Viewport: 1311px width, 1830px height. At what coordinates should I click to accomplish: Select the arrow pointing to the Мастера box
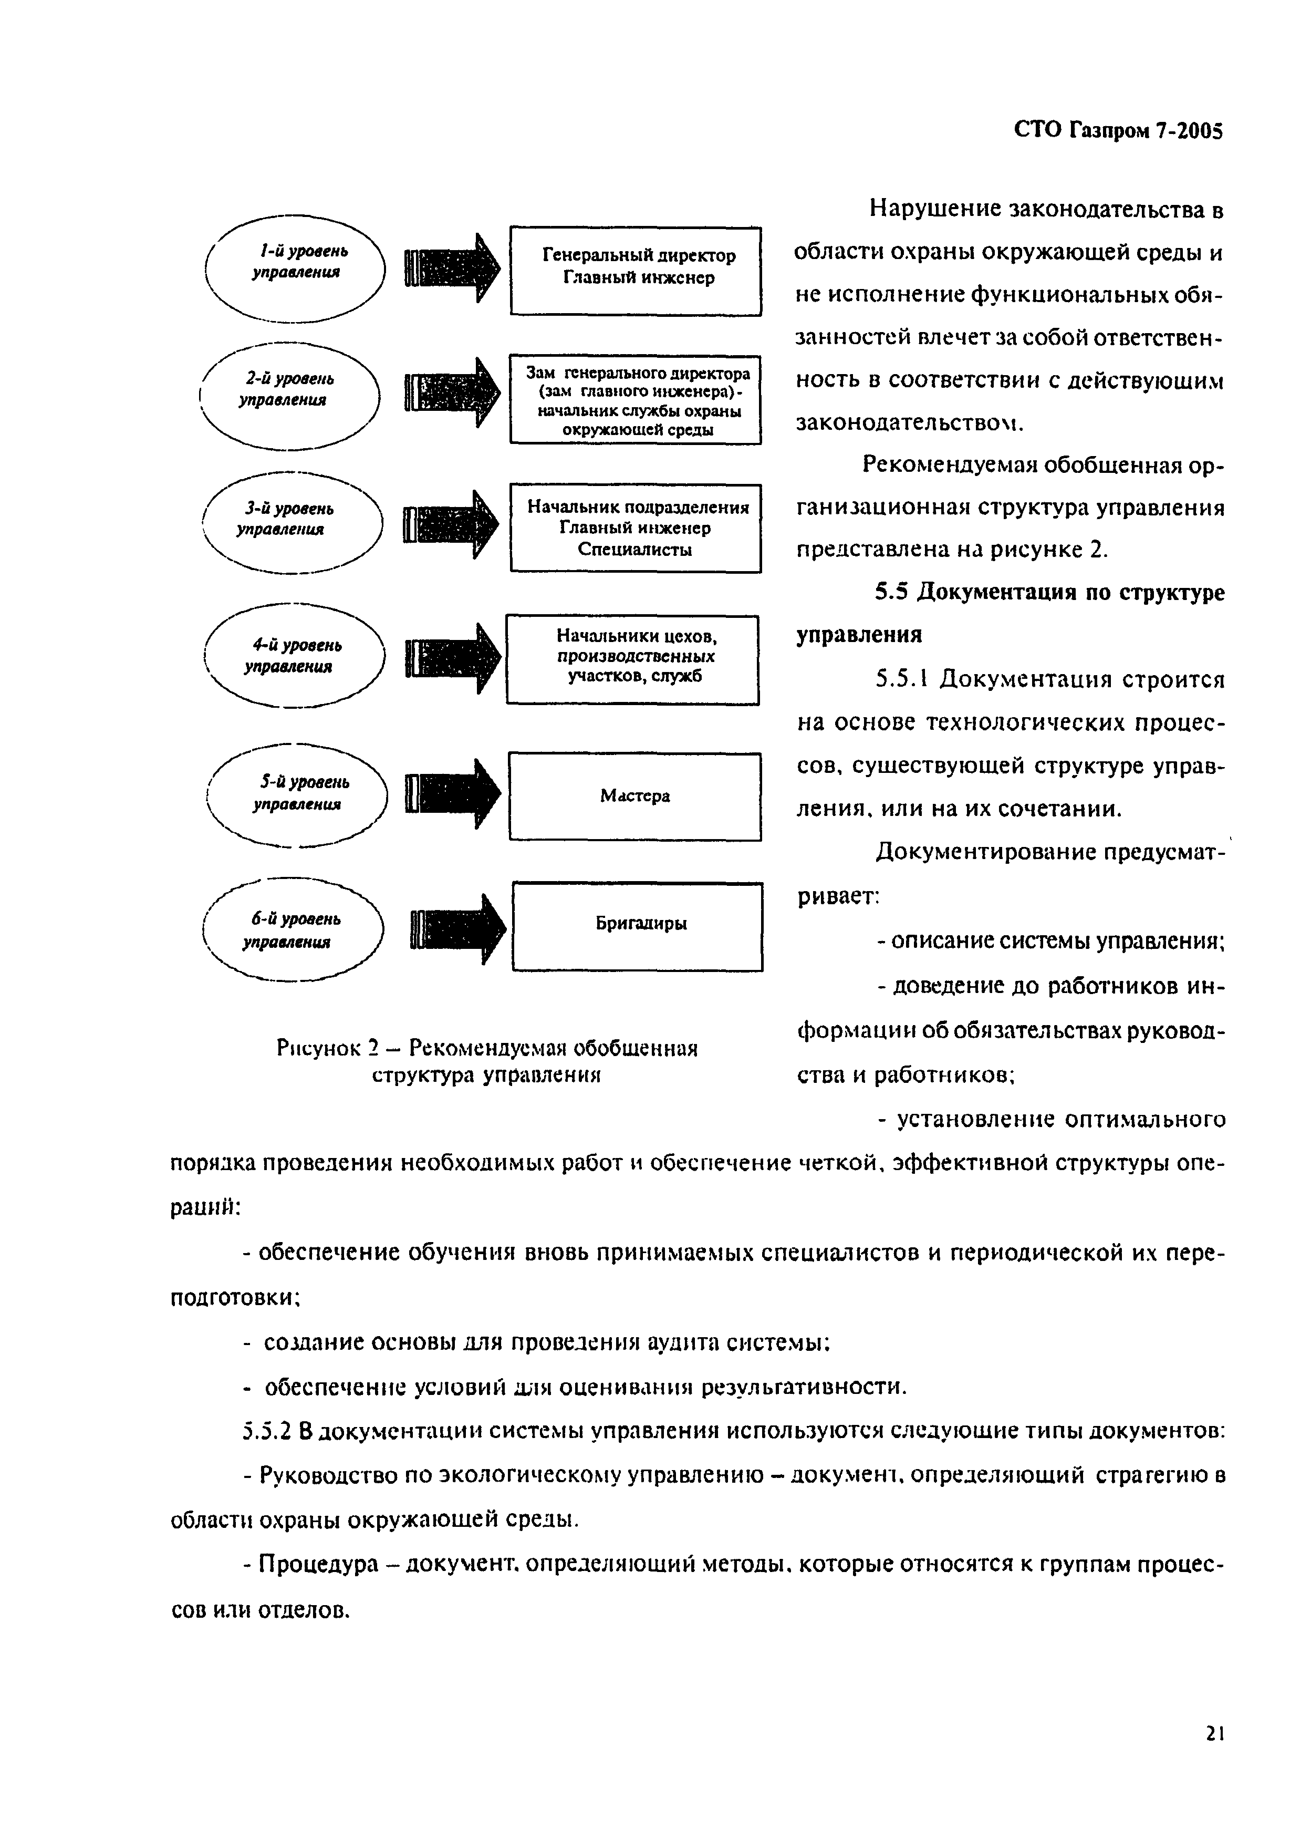451,793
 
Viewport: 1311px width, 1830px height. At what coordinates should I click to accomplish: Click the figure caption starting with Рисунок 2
486,1061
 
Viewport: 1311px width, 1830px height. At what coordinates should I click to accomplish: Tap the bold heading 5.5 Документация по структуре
1049,593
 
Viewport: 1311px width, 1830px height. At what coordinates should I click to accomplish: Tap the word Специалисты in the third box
635,550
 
